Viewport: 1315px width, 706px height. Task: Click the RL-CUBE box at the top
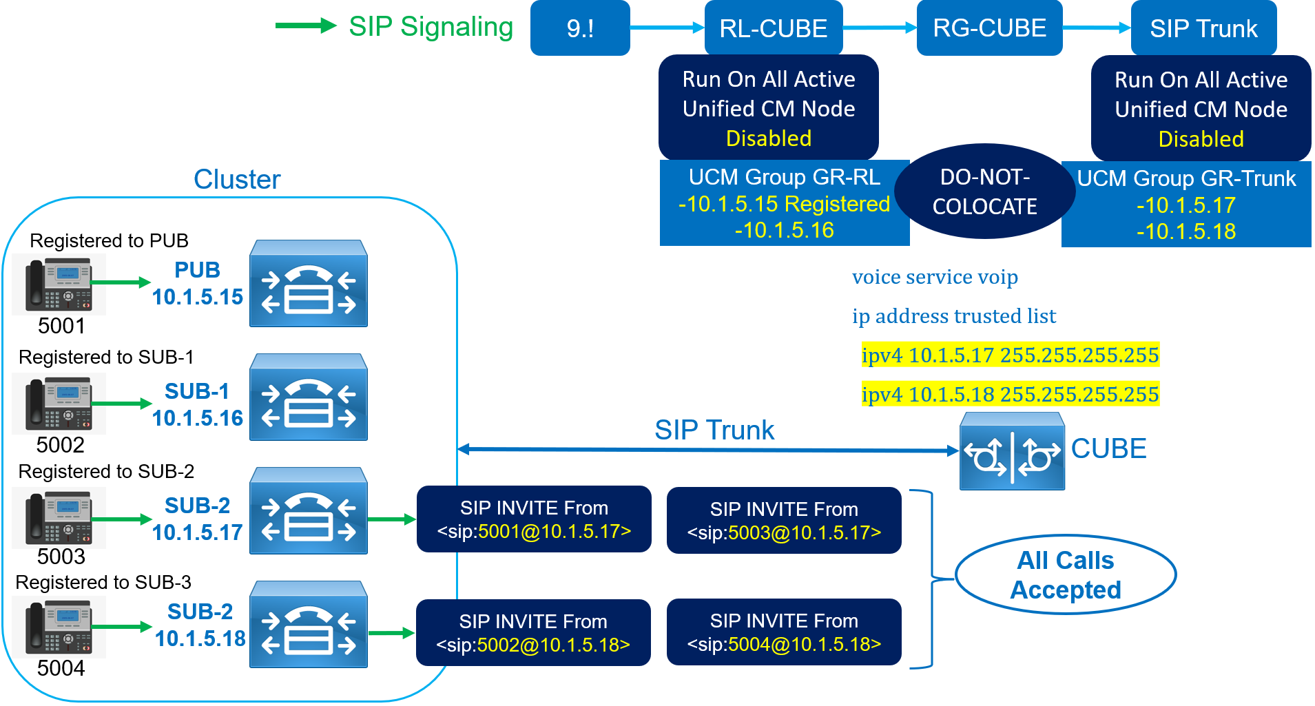click(x=773, y=28)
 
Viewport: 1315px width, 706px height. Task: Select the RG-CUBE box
click(x=989, y=28)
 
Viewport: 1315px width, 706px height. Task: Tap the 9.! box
click(x=580, y=28)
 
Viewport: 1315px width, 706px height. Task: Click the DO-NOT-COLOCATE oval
click(x=984, y=191)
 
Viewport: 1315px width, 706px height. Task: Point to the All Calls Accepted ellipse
click(x=1065, y=574)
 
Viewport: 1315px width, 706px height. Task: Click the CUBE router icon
click(x=1012, y=451)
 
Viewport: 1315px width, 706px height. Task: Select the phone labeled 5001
click(x=59, y=284)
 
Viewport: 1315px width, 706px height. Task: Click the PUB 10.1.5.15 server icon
click(x=308, y=284)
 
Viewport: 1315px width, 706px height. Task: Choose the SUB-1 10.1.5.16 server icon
click(x=308, y=397)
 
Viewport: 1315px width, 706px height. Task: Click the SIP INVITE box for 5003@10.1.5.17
click(x=784, y=521)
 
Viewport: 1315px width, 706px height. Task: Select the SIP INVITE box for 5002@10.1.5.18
click(x=533, y=633)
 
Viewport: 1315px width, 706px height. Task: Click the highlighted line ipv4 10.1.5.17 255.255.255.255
click(x=1010, y=355)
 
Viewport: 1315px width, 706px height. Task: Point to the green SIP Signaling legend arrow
click(x=305, y=26)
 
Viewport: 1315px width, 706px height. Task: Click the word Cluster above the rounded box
click(x=237, y=179)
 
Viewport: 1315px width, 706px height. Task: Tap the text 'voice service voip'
click(x=935, y=277)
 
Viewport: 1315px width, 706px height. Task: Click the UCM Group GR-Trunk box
click(x=1185, y=205)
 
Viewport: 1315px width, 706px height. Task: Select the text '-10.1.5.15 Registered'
click(x=784, y=204)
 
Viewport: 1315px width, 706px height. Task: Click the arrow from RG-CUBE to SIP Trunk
click(x=1096, y=28)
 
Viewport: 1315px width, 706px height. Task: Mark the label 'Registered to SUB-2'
click(x=106, y=471)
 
